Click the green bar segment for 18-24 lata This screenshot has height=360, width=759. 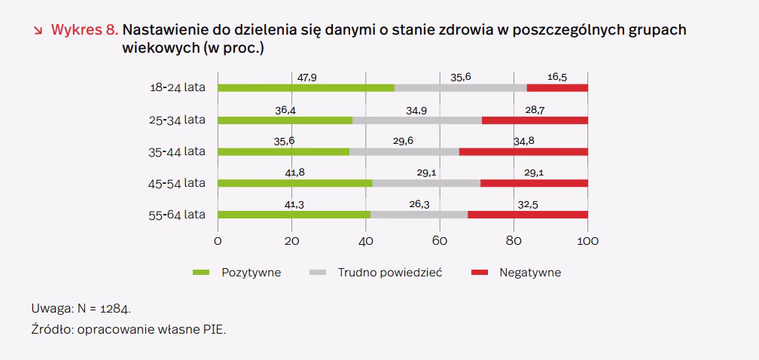click(306, 88)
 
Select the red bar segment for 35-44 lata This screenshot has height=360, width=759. click(523, 151)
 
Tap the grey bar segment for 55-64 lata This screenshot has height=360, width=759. click(419, 215)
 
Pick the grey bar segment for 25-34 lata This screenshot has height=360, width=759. click(416, 120)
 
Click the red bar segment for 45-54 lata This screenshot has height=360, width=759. click(534, 183)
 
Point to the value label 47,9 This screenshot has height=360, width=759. click(306, 78)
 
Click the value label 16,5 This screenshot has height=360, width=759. click(558, 78)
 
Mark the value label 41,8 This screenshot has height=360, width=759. click(294, 172)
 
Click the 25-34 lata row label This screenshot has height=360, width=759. click(178, 120)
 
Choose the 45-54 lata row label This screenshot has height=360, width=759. click(178, 183)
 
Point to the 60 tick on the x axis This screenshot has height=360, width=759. click(439, 241)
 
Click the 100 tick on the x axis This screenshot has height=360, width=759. click(587, 241)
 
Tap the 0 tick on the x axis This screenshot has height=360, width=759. click(218, 241)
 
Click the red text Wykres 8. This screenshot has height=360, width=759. click(84, 31)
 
